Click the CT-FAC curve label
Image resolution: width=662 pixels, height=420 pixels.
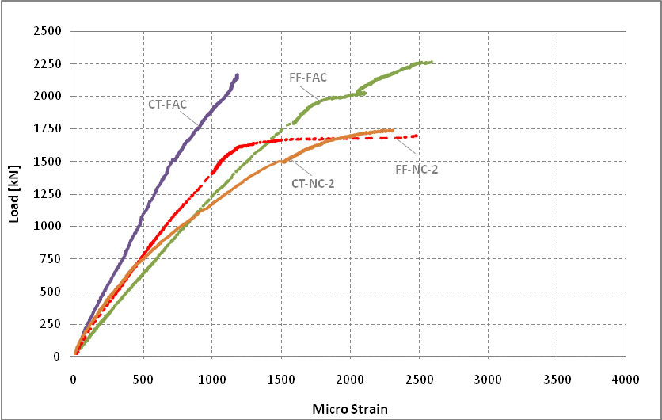click(167, 103)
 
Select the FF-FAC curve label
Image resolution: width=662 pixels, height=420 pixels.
click(308, 77)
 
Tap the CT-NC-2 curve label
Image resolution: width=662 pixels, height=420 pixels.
click(313, 183)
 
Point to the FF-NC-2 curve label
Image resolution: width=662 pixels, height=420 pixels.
click(417, 169)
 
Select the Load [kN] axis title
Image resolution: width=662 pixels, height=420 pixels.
click(14, 193)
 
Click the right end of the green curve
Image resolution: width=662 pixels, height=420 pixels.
click(432, 62)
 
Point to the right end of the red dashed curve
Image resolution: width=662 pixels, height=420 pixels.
click(417, 136)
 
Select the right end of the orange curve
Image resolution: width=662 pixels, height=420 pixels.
click(393, 130)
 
